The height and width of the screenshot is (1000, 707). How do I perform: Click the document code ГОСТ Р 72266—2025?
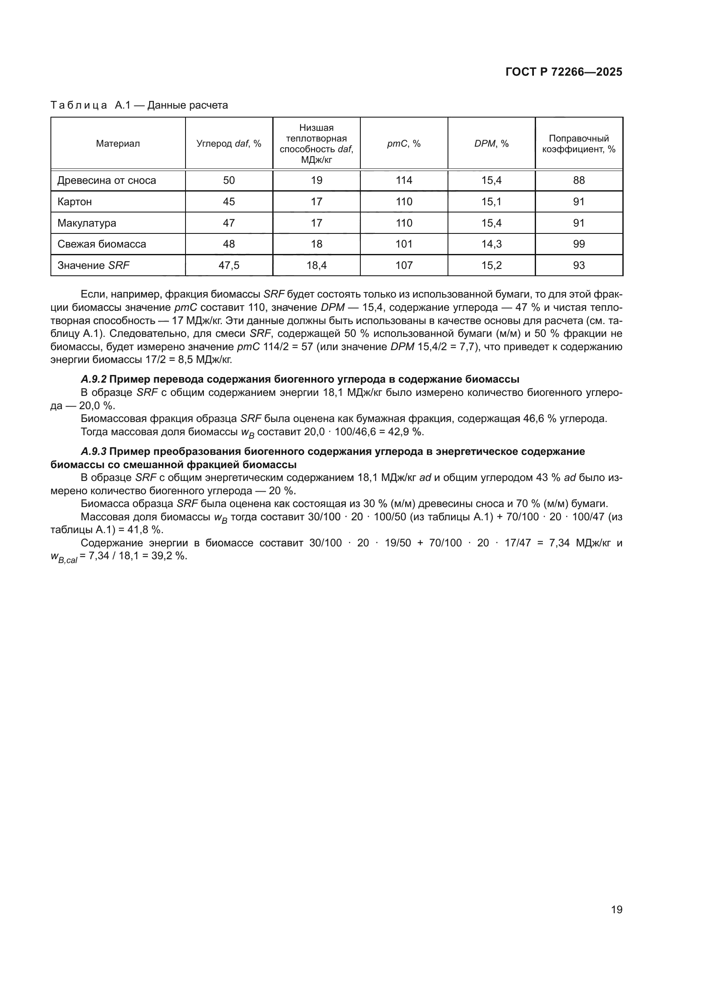click(564, 72)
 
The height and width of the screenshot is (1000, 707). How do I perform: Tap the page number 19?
click(616, 909)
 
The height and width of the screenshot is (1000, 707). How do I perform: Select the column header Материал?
click(118, 144)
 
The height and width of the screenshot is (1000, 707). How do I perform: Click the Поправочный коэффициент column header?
click(579, 144)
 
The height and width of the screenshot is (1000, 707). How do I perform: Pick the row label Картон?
click(74, 202)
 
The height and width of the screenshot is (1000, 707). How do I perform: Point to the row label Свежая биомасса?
click(101, 244)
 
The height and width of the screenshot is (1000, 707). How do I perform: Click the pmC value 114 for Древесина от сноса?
click(404, 180)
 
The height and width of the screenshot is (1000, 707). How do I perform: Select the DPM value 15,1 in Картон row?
click(491, 202)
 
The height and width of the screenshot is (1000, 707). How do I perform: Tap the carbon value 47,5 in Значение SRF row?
click(229, 265)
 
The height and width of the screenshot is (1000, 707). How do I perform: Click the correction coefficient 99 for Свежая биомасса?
click(579, 244)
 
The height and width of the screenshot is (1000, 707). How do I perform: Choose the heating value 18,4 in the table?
click(316, 265)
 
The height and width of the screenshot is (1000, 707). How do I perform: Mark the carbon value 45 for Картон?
click(229, 202)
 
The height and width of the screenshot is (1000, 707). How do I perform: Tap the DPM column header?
click(491, 144)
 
